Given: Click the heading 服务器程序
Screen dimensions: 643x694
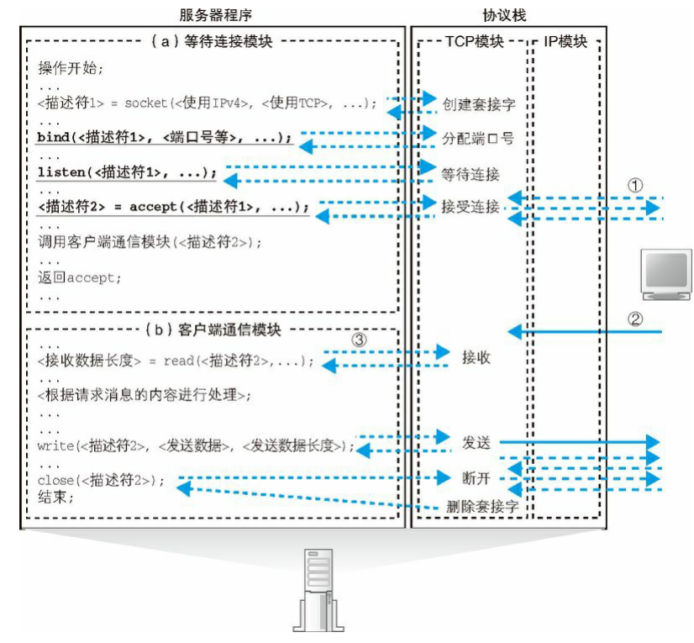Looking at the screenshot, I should tap(216, 14).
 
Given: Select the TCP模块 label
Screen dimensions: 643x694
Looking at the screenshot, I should tap(471, 41).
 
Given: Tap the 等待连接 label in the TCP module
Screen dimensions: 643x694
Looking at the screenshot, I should tap(471, 174).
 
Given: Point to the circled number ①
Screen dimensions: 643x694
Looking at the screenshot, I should tap(638, 184).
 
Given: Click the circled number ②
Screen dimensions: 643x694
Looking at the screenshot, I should tap(637, 319).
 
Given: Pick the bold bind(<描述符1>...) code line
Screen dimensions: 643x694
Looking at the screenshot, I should tap(164, 137).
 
